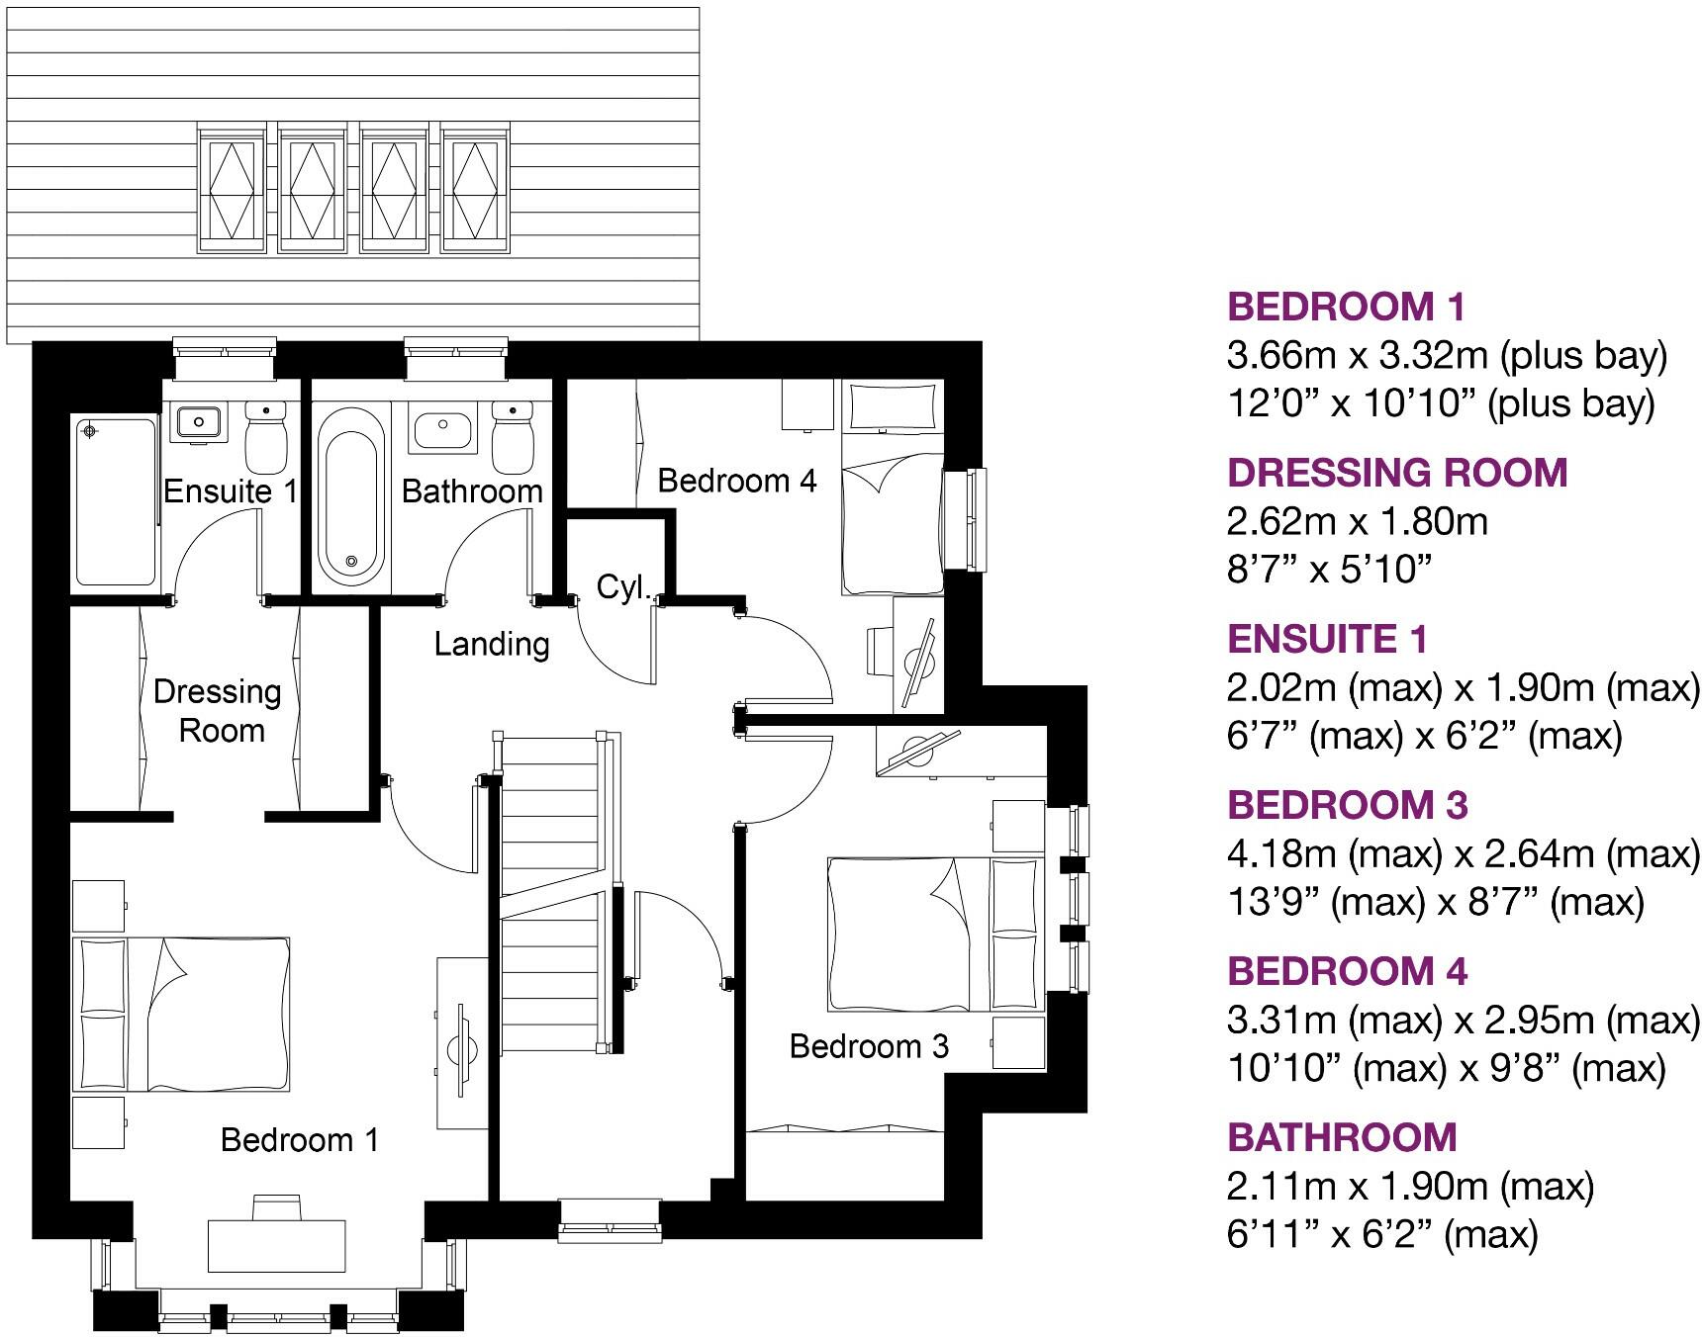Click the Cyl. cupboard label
623,587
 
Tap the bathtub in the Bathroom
352,494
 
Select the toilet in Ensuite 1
264,438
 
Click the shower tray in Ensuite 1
117,502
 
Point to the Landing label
492,645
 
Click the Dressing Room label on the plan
218,711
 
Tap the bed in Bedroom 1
181,1015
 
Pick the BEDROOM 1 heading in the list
1346,308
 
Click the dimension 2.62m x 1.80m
1358,521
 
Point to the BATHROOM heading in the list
1342,1138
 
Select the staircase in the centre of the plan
552,890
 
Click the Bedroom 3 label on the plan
869,1046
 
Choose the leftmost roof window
232,190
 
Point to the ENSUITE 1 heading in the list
1328,640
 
